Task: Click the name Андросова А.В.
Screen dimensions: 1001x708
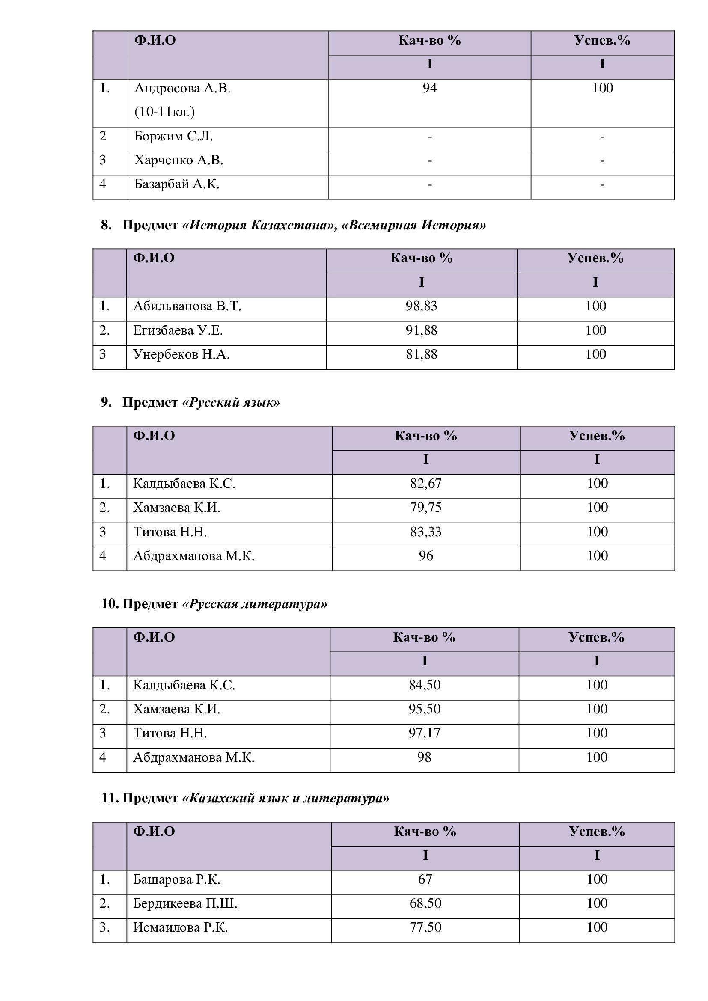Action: (182, 89)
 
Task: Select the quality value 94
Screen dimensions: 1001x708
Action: (429, 89)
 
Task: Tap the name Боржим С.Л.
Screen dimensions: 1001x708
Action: (173, 137)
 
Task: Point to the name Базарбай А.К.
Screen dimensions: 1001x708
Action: (176, 184)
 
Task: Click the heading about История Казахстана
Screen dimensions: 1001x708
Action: (304, 226)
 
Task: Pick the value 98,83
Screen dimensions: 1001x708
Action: (421, 306)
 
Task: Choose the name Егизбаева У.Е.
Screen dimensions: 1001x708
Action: (178, 330)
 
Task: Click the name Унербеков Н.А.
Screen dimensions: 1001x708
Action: (181, 354)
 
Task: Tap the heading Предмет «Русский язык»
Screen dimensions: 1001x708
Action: (201, 402)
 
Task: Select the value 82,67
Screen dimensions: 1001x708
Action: (425, 484)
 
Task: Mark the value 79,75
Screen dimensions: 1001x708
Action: (425, 508)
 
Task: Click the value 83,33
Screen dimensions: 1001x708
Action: (425, 532)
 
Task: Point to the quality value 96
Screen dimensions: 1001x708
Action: (425, 556)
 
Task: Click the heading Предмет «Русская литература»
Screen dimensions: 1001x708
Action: (225, 604)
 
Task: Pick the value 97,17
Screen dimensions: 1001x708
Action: (424, 733)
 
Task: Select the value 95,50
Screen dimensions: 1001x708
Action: (424, 709)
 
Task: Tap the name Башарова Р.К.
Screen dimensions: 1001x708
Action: (176, 879)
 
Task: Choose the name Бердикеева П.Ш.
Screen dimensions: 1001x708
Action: (185, 903)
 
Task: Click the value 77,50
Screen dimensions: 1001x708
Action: (425, 927)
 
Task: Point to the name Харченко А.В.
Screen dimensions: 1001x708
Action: (179, 160)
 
